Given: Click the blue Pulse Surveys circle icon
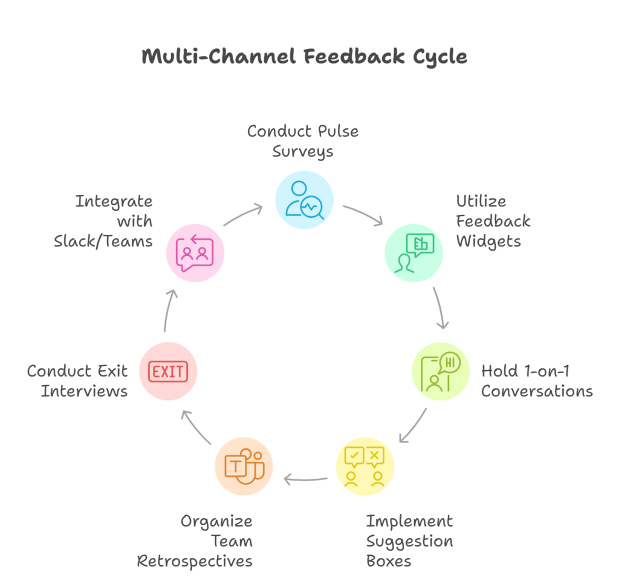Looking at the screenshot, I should coord(304,200).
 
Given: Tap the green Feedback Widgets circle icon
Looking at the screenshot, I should coord(414,252).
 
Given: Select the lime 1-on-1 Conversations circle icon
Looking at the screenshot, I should coord(441,370).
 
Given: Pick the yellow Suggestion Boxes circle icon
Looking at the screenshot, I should coord(365,466).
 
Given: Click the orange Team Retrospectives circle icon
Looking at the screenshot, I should coord(244,466).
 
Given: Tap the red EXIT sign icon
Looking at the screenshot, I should coord(168,370).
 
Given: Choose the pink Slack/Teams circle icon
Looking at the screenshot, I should coord(195,252).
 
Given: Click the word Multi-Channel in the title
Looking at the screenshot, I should coord(218,57).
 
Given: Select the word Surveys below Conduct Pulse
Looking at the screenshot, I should coord(302,151).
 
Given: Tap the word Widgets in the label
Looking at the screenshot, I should coord(488,241).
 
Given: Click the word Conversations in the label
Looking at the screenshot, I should coord(537,391).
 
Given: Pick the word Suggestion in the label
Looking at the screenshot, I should coord(409,540).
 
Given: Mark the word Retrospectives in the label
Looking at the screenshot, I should coord(195,560).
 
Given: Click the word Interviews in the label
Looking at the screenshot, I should coord(84,391).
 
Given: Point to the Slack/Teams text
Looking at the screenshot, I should coord(103,241).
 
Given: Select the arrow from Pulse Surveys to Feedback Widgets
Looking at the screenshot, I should coord(363,215).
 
